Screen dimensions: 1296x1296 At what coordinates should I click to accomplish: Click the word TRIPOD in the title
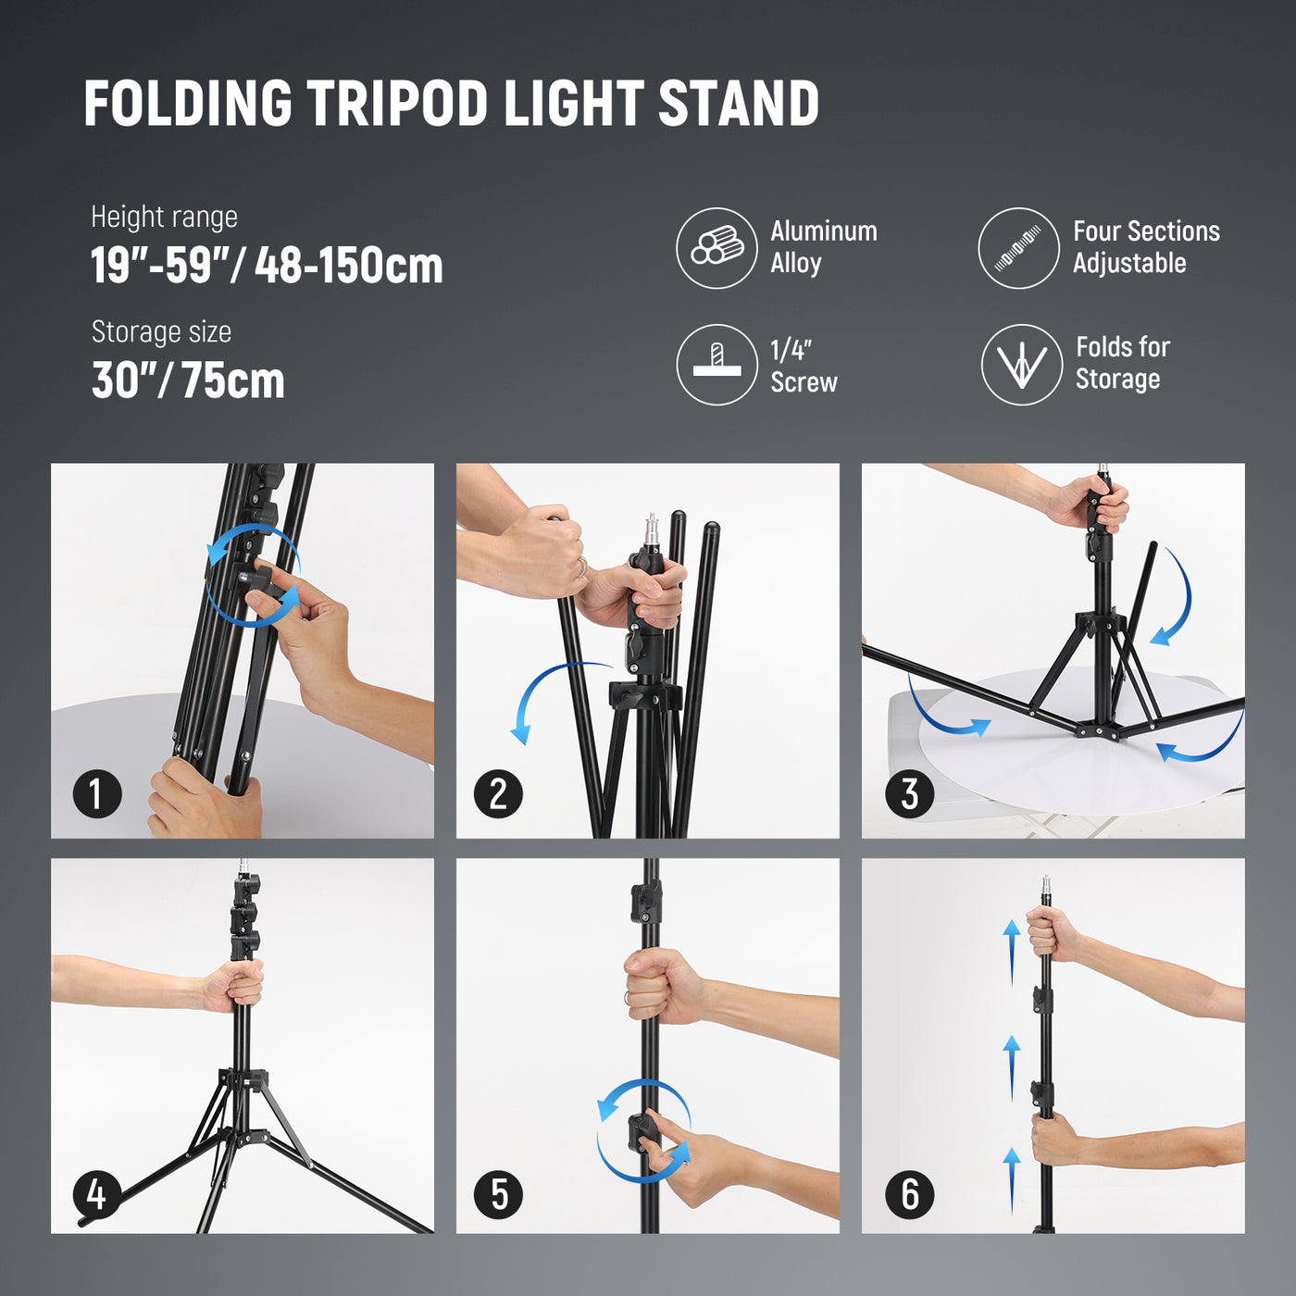point(397,103)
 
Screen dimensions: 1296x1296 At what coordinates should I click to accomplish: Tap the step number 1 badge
point(97,793)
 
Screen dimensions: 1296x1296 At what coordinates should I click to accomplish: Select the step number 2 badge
point(498,793)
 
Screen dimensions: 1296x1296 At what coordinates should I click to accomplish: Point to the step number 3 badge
point(910,793)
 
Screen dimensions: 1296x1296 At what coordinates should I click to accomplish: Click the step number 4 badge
point(97,1194)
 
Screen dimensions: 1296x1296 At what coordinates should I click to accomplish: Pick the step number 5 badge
point(498,1194)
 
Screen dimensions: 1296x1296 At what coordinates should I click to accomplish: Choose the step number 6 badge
point(910,1194)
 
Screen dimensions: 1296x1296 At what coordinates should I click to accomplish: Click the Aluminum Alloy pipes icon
point(717,248)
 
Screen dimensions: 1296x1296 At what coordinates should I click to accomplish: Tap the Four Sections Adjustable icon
point(1019,248)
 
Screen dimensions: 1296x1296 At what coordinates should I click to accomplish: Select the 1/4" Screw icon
point(717,365)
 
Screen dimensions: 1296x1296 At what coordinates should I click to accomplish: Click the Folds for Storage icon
point(1022,365)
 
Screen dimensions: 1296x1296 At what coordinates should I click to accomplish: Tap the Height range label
point(164,217)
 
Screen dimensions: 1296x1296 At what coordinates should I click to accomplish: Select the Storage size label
point(161,331)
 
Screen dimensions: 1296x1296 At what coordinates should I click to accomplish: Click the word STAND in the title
point(739,103)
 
